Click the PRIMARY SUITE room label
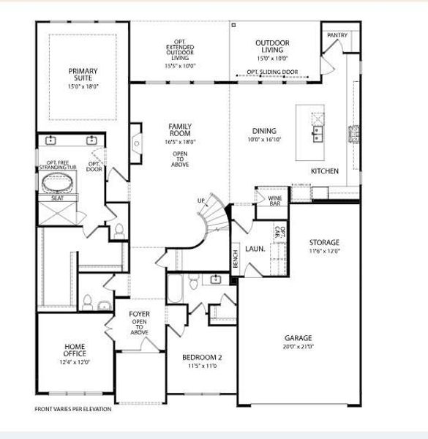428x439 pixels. [x=83, y=75]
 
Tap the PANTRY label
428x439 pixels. [x=337, y=35]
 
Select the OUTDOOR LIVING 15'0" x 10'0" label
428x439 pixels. [x=272, y=48]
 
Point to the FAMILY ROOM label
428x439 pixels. [x=179, y=130]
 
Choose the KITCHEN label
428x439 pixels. [x=325, y=170]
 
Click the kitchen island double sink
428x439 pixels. [x=318, y=133]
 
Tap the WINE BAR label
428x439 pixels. [x=275, y=200]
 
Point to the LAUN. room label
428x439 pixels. [x=255, y=249]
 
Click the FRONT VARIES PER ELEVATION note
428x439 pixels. [x=73, y=409]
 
